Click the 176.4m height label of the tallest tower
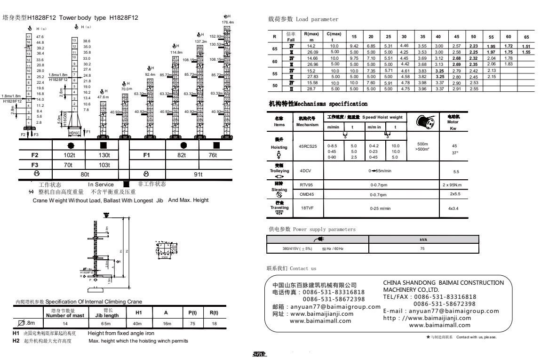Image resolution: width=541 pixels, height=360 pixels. [228, 22]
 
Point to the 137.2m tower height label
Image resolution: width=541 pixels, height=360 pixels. [201, 42]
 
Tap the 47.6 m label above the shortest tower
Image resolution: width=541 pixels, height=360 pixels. [103, 96]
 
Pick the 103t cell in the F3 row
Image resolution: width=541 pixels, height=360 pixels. [103, 165]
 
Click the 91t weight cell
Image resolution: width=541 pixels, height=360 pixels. [198, 175]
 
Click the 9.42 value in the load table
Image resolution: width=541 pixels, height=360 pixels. [354, 46]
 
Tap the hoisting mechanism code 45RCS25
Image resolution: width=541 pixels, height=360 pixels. [308, 146]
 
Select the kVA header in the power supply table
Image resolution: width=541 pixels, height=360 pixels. [422, 240]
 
